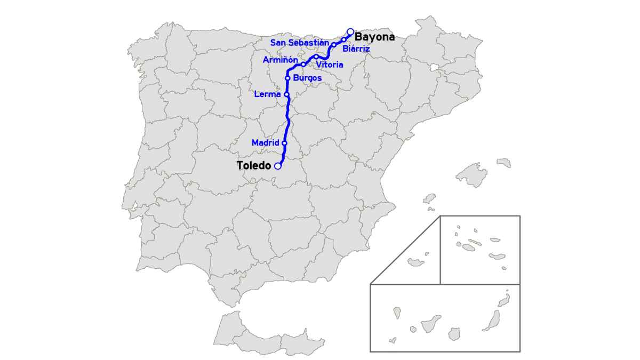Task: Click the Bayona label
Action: click(374, 37)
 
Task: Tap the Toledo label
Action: click(253, 166)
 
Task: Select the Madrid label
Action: click(265, 143)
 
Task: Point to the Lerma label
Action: click(267, 95)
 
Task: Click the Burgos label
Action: click(308, 78)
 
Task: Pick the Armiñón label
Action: click(281, 60)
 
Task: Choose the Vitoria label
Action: click(330, 65)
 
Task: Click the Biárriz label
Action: click(356, 49)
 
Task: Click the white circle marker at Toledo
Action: click(278, 166)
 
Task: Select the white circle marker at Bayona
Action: click(350, 31)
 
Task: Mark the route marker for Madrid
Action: click(284, 143)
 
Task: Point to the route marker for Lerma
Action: click(286, 95)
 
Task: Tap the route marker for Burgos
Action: click(287, 78)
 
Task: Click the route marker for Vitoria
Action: click(316, 57)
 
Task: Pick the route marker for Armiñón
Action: click(303, 64)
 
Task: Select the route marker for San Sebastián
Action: click(333, 45)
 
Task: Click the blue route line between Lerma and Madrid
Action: click(288, 120)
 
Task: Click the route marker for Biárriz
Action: click(344, 39)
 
